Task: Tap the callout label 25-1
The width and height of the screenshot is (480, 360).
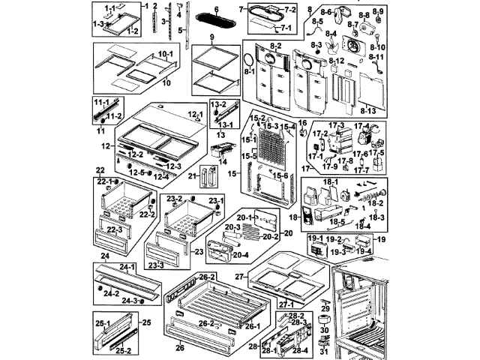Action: click(x=102, y=323)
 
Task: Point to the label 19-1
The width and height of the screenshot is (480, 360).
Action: click(x=315, y=238)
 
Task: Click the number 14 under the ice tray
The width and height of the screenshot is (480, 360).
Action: click(x=223, y=161)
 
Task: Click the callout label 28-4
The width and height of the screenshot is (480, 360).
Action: click(x=300, y=350)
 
